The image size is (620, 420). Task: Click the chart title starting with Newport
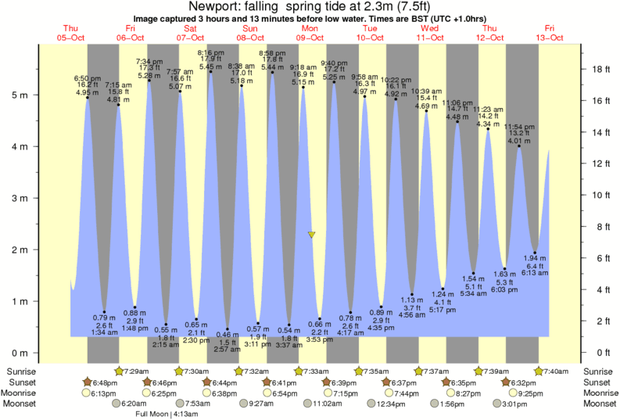pos(310,6)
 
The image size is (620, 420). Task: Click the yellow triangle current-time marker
pos(311,235)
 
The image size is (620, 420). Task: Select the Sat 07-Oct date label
pos(190,33)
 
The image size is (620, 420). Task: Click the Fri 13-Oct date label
pos(550,33)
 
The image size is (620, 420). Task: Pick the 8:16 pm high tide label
pos(210,52)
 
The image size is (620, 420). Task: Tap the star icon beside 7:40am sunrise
pos(539,371)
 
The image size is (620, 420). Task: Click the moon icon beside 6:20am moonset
pos(115,404)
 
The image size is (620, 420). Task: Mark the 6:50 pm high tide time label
pos(87,78)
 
